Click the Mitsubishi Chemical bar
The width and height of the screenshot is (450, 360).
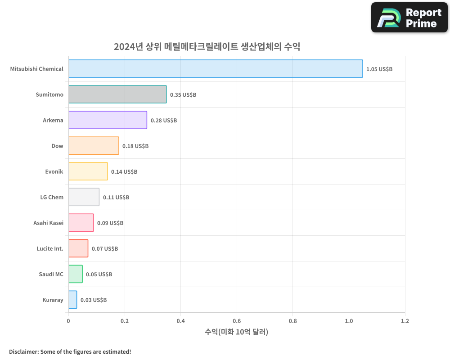216,69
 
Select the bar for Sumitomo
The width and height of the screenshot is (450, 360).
117,94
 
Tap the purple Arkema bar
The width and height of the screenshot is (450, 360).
108,120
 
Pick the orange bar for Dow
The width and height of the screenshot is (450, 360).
94,146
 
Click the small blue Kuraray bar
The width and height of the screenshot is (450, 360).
72,300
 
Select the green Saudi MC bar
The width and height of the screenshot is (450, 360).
75,274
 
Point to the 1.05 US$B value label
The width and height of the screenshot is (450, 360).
379,69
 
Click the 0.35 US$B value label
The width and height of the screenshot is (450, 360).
183,95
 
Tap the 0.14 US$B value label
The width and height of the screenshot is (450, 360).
124,172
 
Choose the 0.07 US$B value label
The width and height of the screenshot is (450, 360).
105,249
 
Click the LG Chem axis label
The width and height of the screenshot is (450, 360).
52,198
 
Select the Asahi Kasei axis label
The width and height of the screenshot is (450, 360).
48,223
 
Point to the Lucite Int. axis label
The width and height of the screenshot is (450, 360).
50,249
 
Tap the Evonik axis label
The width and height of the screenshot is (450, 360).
54,172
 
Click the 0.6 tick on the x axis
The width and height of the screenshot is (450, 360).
237,321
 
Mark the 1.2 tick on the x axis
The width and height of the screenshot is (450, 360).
405,321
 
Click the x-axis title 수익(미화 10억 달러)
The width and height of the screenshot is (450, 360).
236,332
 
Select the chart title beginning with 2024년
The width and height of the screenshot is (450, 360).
207,47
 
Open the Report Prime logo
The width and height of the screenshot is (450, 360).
409,18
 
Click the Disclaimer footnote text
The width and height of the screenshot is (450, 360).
70,351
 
